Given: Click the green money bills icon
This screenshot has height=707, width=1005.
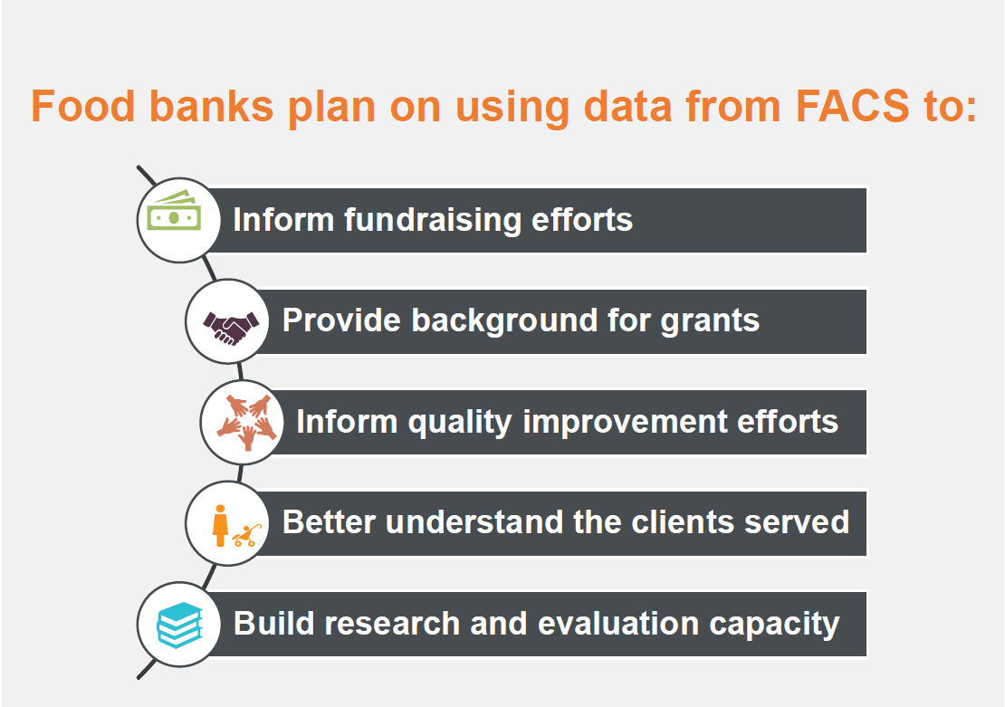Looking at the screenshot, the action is point(174,211).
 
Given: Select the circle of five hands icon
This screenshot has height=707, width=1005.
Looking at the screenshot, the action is point(247,423).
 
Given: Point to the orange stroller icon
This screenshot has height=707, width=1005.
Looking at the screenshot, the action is point(247,535).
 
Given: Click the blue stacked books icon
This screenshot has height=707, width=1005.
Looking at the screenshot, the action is point(180,625).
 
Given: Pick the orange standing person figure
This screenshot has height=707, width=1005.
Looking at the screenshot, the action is point(221,526).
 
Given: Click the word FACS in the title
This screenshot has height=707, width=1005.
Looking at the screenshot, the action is point(852,106).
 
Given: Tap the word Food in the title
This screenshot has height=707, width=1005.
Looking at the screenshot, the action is point(82,106).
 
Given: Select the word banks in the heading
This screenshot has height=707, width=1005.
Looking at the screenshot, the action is point(212,106).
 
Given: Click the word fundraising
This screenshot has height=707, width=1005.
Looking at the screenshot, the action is point(433,220).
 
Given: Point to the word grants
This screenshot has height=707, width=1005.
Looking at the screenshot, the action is point(710,321).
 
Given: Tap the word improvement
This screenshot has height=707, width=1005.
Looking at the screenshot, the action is point(625,423).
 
